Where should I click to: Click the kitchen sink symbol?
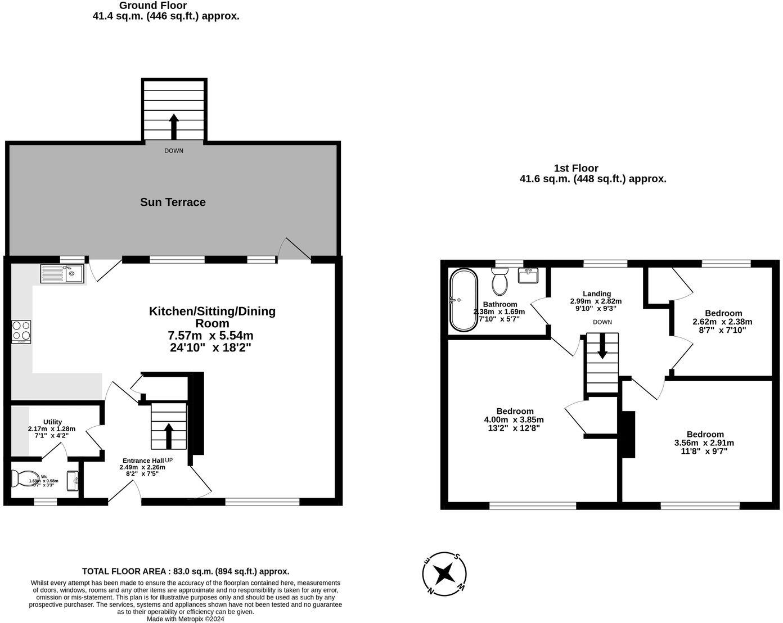pos(62,274)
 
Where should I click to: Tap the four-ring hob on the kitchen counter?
pos(21,332)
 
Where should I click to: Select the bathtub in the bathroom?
pos(463,300)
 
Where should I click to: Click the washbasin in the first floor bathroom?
pos(528,276)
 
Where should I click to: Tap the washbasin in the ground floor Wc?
pos(73,481)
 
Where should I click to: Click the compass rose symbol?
pos(445,573)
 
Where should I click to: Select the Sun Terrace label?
pos(173,202)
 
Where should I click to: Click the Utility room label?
pos(53,422)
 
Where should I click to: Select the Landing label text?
pos(597,294)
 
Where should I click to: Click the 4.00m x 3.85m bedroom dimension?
pos(514,420)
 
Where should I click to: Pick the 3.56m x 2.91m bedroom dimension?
pos(704,443)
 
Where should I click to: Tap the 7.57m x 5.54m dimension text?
pos(210,336)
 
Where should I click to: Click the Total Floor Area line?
pos(186,571)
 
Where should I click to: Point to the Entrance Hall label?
pos(143,461)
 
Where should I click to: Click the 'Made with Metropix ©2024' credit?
pos(186,619)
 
